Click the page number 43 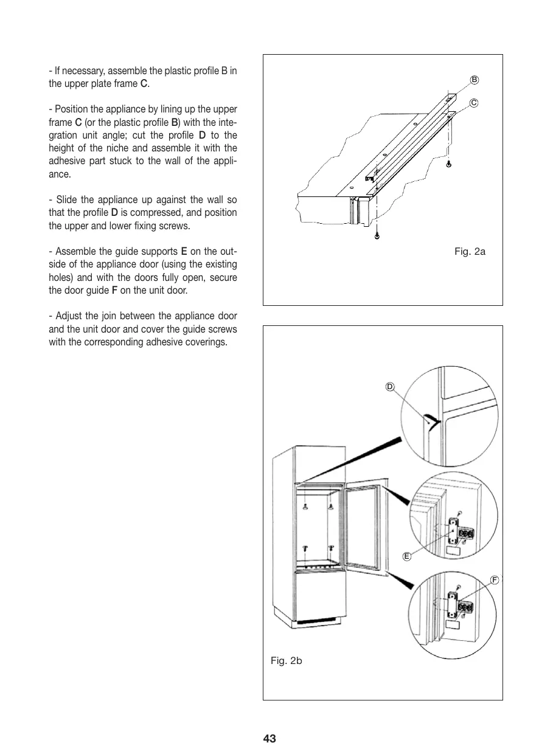[269, 739]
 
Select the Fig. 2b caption [286, 660]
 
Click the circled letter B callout [475, 80]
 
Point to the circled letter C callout [473, 103]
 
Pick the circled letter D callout [390, 387]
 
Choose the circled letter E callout [407, 555]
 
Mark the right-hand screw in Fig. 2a [449, 164]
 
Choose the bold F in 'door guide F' [114, 290]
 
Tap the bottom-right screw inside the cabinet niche [330, 548]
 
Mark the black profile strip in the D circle [431, 420]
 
